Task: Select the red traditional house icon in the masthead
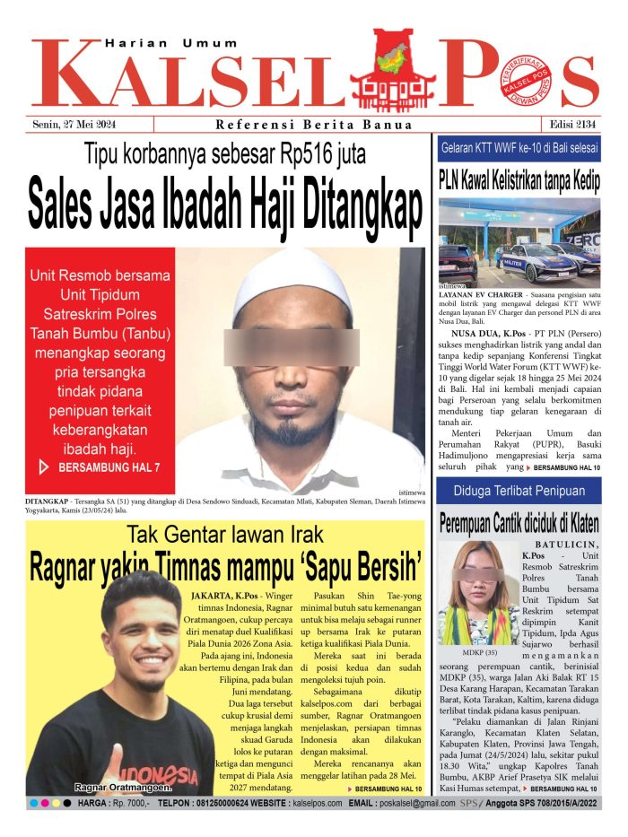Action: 391,67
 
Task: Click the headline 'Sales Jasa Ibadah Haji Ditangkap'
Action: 224,205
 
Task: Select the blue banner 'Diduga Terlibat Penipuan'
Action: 519,491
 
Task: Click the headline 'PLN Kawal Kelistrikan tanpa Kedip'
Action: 519,178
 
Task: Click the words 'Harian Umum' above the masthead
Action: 171,42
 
